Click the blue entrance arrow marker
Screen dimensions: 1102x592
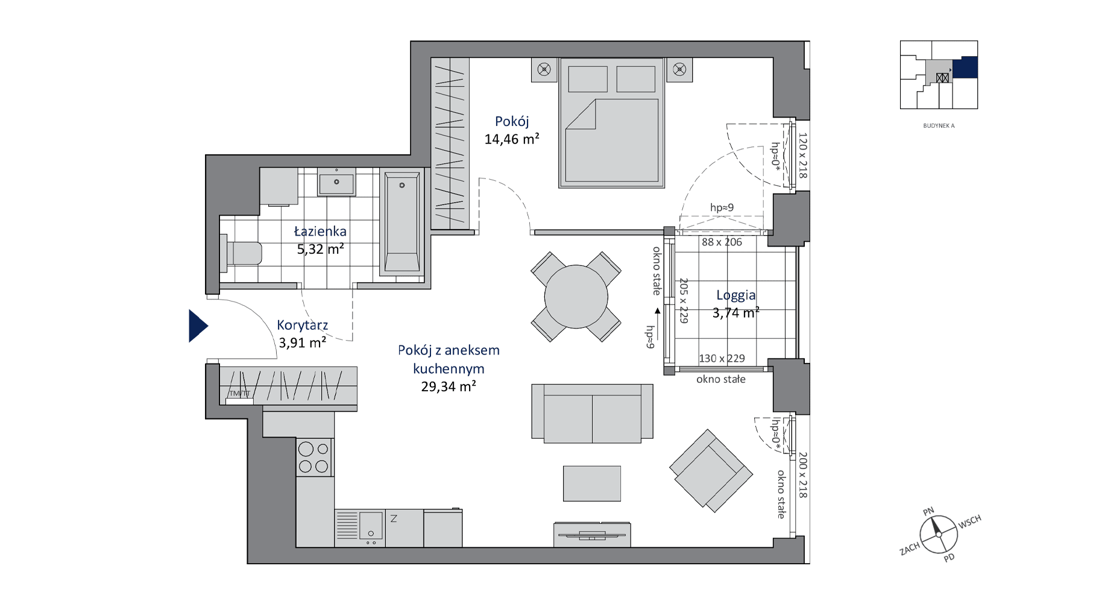[x=197, y=326]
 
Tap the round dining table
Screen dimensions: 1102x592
[x=576, y=297]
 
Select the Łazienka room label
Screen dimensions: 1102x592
[x=320, y=231]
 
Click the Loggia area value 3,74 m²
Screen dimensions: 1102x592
[x=735, y=312]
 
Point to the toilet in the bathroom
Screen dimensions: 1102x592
[x=241, y=254]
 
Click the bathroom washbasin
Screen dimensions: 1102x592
[x=336, y=182]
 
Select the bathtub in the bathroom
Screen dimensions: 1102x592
[x=402, y=224]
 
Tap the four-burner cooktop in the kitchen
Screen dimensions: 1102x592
[x=314, y=457]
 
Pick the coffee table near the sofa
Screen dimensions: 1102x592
[x=592, y=483]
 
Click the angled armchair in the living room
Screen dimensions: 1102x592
[x=711, y=471]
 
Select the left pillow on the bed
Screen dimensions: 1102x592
[x=588, y=79]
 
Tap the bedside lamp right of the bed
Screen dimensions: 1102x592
[x=679, y=70]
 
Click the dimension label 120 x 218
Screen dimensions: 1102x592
[x=802, y=156]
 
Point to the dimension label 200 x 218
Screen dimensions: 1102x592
[x=802, y=475]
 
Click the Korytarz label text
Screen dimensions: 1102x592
[x=303, y=325]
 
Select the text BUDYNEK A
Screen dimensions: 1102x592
[x=939, y=126]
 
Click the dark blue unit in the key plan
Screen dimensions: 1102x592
[x=965, y=67]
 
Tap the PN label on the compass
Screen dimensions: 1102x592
[x=928, y=511]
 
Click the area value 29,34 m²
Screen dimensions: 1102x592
[x=449, y=386]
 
